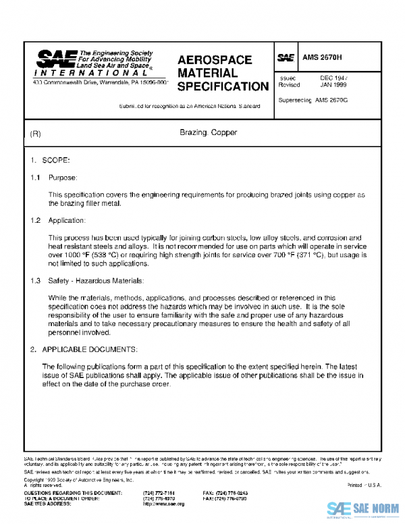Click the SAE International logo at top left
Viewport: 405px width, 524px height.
point(94,65)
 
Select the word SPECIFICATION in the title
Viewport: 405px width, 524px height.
point(223,86)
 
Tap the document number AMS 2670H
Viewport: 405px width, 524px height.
point(323,58)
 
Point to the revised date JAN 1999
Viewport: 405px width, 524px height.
point(333,86)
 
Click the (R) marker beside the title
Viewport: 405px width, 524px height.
point(36,134)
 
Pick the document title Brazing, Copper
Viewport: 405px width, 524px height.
point(208,133)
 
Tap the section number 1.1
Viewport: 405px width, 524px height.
point(35,178)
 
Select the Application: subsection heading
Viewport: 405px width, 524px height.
point(67,221)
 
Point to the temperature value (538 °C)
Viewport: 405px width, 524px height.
point(105,256)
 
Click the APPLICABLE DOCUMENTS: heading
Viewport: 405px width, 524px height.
point(90,349)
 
